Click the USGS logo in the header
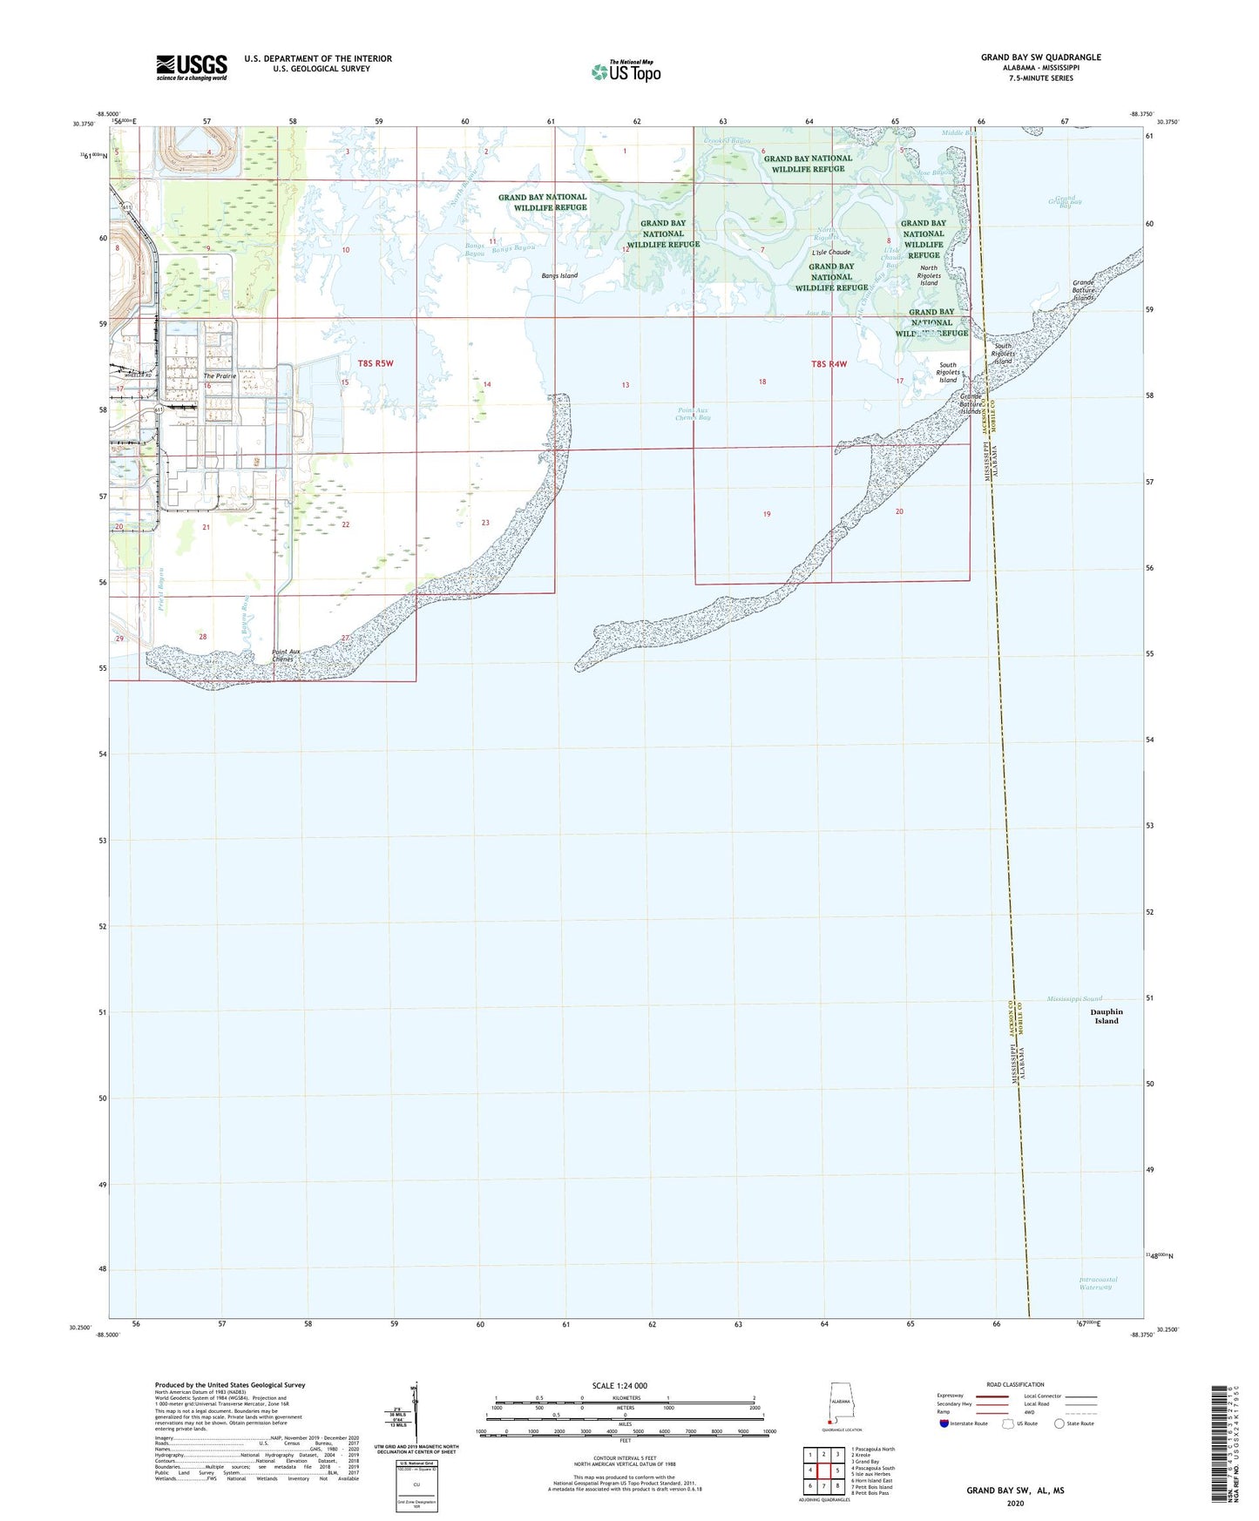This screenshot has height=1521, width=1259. [x=192, y=67]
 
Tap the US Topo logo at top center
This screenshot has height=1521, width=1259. [x=626, y=71]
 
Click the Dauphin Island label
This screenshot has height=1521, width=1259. [x=1106, y=1016]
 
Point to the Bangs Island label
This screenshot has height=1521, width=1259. [x=559, y=275]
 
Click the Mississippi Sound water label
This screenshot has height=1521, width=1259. [x=1074, y=997]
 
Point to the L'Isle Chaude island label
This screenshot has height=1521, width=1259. [x=830, y=253]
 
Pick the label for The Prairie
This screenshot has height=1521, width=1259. [x=220, y=376]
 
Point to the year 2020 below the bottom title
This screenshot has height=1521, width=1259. [x=1015, y=1503]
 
